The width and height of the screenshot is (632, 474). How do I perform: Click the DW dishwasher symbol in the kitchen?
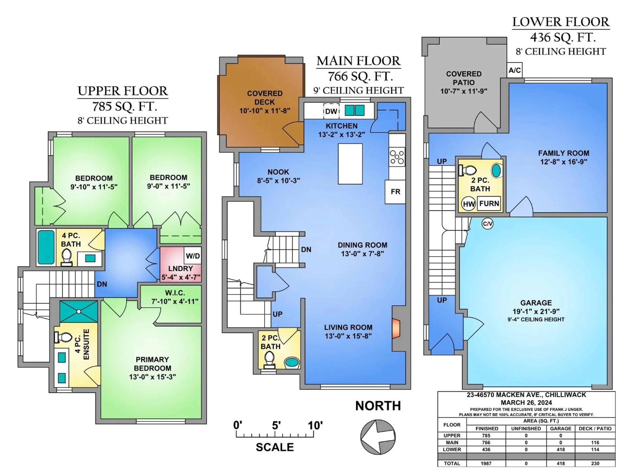pyautogui.click(x=331, y=111)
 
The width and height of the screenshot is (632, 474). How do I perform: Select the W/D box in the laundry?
pyautogui.click(x=193, y=256)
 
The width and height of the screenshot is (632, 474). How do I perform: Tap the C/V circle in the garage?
pyautogui.click(x=487, y=224)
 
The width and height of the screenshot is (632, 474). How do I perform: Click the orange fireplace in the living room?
pyautogui.click(x=396, y=329)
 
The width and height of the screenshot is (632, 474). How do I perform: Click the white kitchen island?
pyautogui.click(x=350, y=164)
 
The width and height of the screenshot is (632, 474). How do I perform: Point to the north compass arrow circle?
pyautogui.click(x=378, y=437)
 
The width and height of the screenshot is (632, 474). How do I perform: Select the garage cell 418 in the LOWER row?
pyautogui.click(x=561, y=449)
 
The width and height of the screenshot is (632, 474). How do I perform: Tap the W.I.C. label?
pyautogui.click(x=175, y=293)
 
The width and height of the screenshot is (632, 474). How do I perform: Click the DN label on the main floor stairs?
pyautogui.click(x=306, y=250)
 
